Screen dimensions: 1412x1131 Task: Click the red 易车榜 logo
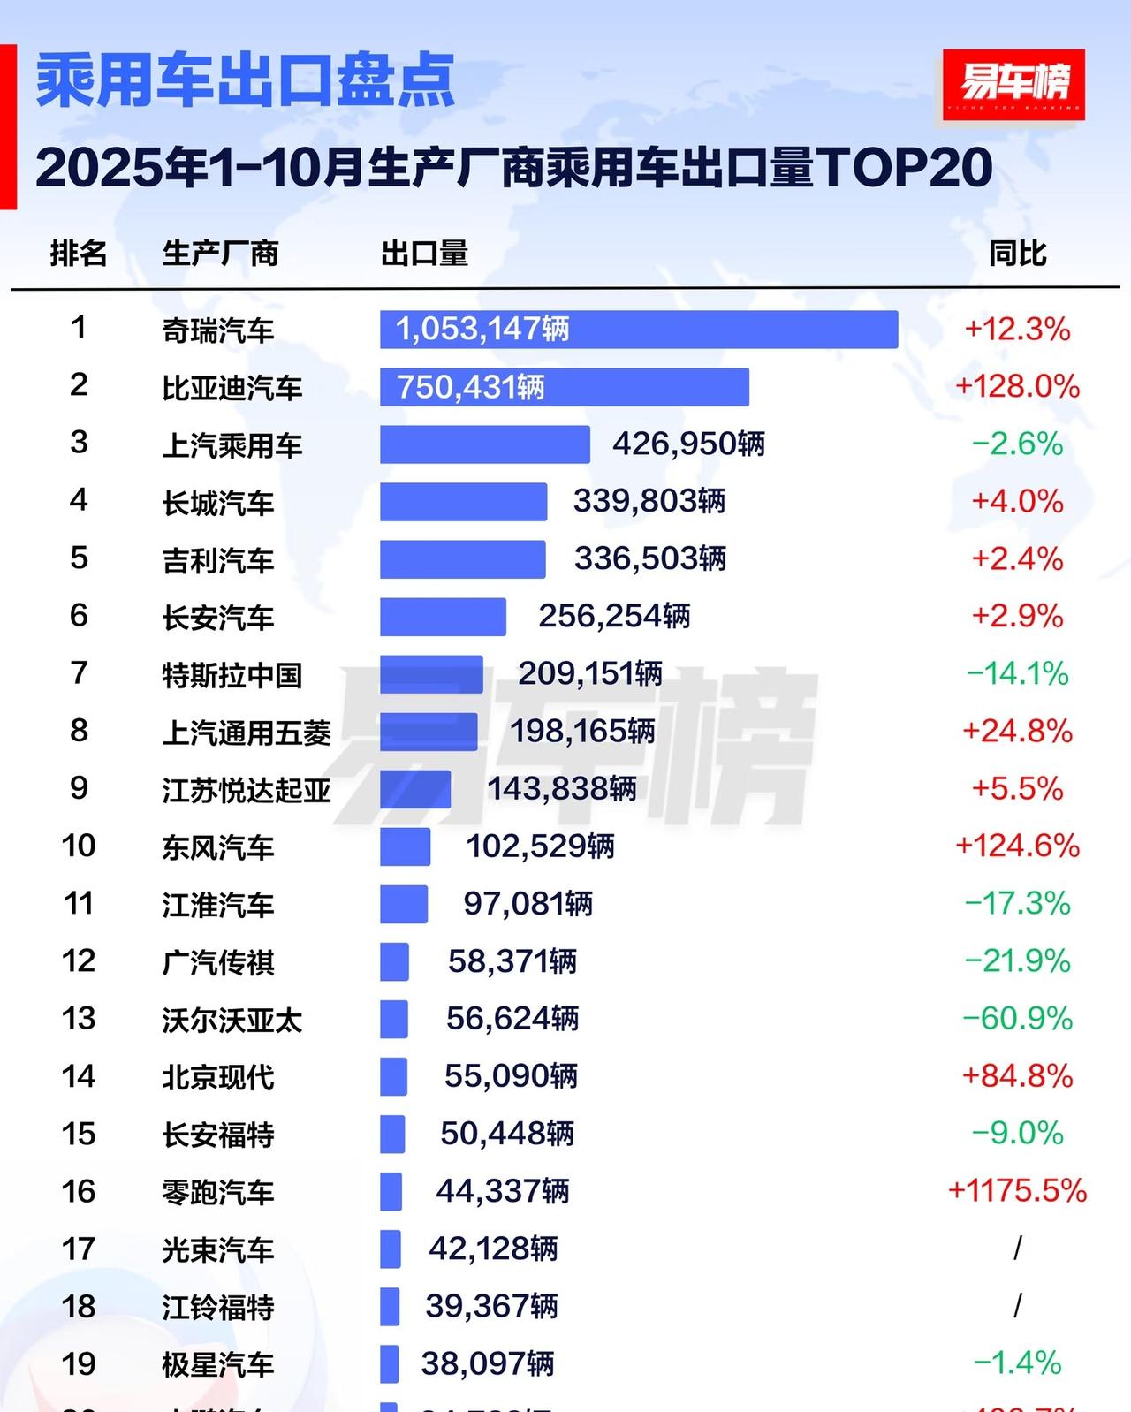click(1013, 85)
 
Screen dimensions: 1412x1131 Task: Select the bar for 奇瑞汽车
click(638, 330)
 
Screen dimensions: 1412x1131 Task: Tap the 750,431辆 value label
click(470, 387)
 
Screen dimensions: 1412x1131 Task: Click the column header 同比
click(1017, 254)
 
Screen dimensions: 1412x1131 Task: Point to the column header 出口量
click(424, 254)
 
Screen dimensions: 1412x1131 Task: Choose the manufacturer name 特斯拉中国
click(232, 675)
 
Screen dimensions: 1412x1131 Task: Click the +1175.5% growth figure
click(1017, 1190)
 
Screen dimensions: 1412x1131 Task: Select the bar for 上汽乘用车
click(484, 444)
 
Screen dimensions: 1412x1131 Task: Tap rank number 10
click(79, 846)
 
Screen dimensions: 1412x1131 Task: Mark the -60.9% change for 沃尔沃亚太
click(1017, 1018)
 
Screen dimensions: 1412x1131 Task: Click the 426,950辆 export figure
click(688, 444)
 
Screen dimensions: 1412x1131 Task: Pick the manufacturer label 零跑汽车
click(218, 1192)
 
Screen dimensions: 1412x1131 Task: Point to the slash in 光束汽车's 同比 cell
click(1017, 1248)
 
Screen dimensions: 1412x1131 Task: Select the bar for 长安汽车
click(443, 617)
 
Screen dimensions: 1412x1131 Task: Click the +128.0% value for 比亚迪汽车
click(1017, 386)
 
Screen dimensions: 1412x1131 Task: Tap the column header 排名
click(79, 254)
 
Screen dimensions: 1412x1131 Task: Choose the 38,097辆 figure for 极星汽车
click(488, 1363)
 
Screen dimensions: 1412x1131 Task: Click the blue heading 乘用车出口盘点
click(245, 81)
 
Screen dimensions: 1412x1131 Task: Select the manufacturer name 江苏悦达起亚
click(247, 790)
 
